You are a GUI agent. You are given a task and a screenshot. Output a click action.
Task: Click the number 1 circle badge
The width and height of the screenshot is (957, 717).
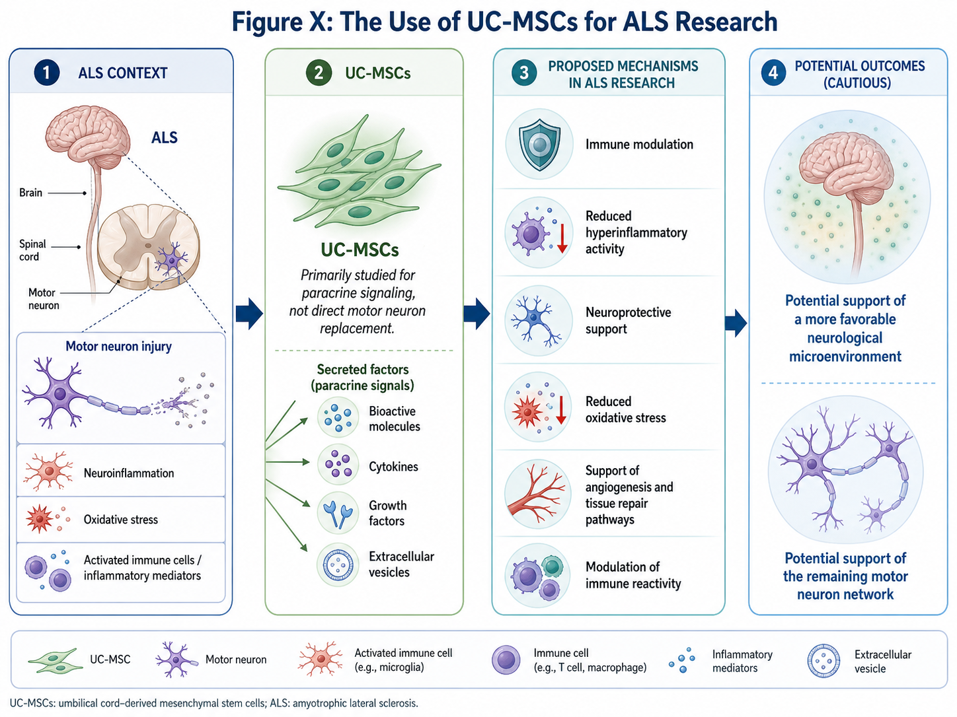point(47,72)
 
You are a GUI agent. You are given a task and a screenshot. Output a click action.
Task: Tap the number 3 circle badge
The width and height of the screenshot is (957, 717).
point(524,73)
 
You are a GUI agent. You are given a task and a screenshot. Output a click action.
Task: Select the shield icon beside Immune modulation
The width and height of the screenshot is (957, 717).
point(539,144)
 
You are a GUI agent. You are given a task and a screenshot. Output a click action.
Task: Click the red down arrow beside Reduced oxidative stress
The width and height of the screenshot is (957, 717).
point(561,410)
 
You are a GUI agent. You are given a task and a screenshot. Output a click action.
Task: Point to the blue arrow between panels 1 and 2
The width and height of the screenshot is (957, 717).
point(249,314)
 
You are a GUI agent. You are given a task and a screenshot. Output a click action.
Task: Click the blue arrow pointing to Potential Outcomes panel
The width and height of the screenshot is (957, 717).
point(736,323)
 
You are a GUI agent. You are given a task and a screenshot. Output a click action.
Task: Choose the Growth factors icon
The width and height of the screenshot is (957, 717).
point(338,513)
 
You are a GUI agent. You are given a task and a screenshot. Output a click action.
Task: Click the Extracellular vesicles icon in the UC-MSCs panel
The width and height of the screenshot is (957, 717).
point(338,564)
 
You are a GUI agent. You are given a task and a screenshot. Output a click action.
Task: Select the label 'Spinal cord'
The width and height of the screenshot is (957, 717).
point(32,250)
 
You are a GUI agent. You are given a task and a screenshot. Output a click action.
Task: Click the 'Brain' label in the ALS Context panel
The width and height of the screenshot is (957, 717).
point(30,192)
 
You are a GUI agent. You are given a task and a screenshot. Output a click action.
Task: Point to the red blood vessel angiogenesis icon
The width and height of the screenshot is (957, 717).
point(537,494)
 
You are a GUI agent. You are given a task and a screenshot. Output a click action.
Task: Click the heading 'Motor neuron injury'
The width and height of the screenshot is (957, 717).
point(118,347)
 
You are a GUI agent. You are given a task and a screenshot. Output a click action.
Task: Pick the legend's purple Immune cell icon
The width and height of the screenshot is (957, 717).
point(506,660)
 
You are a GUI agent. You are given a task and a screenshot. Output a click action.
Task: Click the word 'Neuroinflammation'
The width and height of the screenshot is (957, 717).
point(129,473)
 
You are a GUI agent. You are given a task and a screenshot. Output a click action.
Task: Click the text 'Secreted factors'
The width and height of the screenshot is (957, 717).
point(363,370)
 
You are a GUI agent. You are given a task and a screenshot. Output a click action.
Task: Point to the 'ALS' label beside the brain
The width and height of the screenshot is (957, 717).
point(165,137)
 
